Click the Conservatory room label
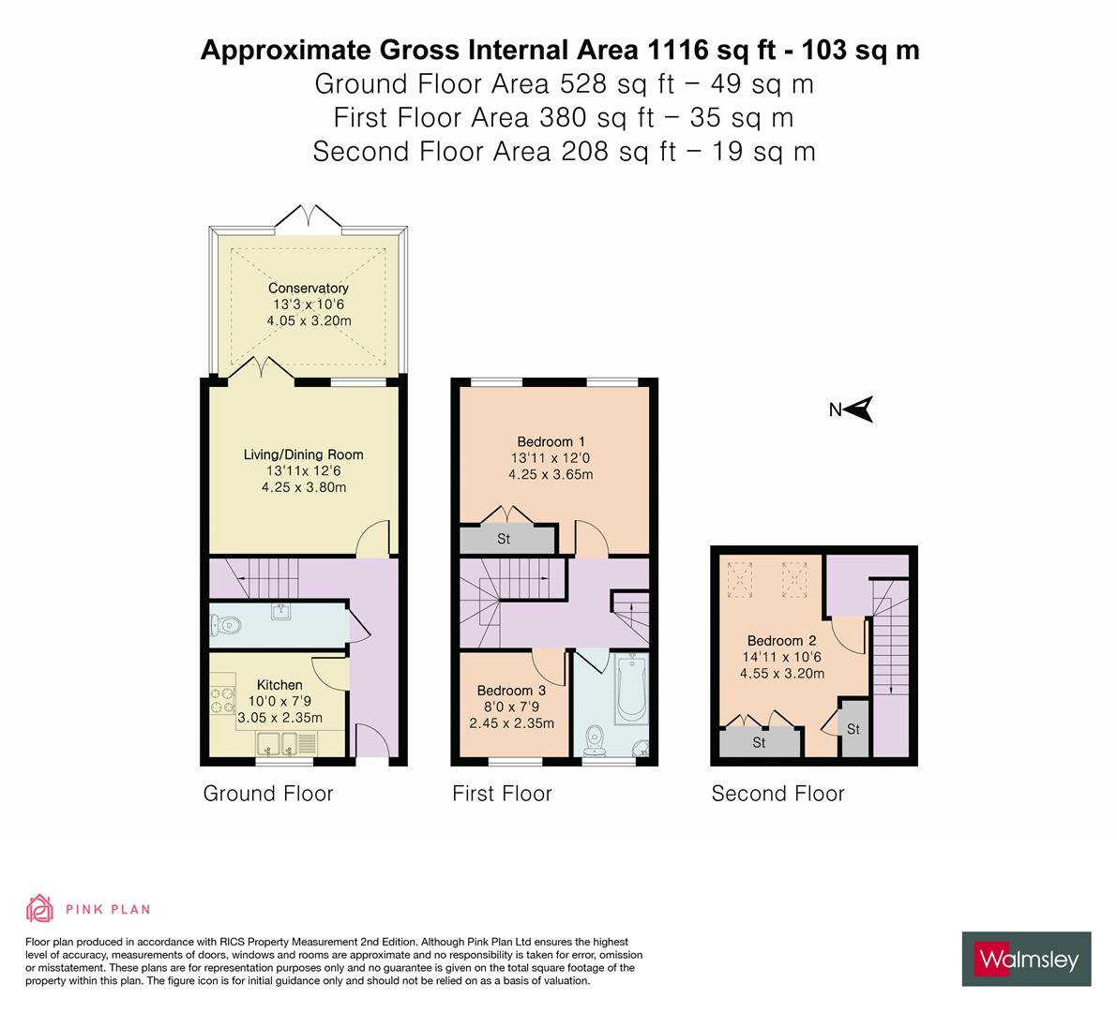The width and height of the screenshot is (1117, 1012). [x=308, y=289]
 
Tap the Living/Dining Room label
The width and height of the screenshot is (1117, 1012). [x=303, y=454]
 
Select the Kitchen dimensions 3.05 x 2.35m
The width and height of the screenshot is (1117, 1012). [x=279, y=718]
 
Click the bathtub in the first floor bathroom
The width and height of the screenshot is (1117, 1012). [x=631, y=691]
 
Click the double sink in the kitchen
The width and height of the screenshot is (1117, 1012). [x=279, y=743]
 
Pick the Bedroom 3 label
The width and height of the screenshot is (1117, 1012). [x=511, y=691]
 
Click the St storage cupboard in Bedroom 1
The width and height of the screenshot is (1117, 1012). [x=505, y=539]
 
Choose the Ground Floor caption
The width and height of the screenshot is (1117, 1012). [x=268, y=794]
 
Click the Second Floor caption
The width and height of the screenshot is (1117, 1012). [x=777, y=794]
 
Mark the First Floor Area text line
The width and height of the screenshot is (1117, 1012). [x=563, y=118]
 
